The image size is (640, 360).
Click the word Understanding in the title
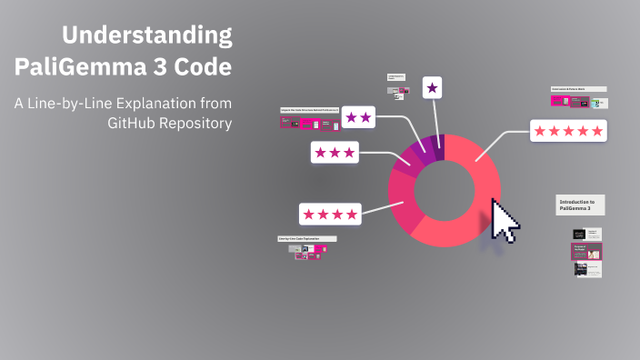[146, 36]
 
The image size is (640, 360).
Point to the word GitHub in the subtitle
[139, 124]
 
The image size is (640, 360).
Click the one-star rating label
[433, 88]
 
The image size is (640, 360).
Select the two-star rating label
[358, 117]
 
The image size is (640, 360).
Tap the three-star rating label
[335, 152]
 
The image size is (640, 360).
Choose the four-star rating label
[330, 214]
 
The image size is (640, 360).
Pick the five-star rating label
[568, 131]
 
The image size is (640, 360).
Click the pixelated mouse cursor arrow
[503, 219]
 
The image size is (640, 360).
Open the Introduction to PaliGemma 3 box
[580, 205]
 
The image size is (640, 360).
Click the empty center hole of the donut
[445, 190]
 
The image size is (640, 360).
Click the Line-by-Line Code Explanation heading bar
[306, 239]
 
